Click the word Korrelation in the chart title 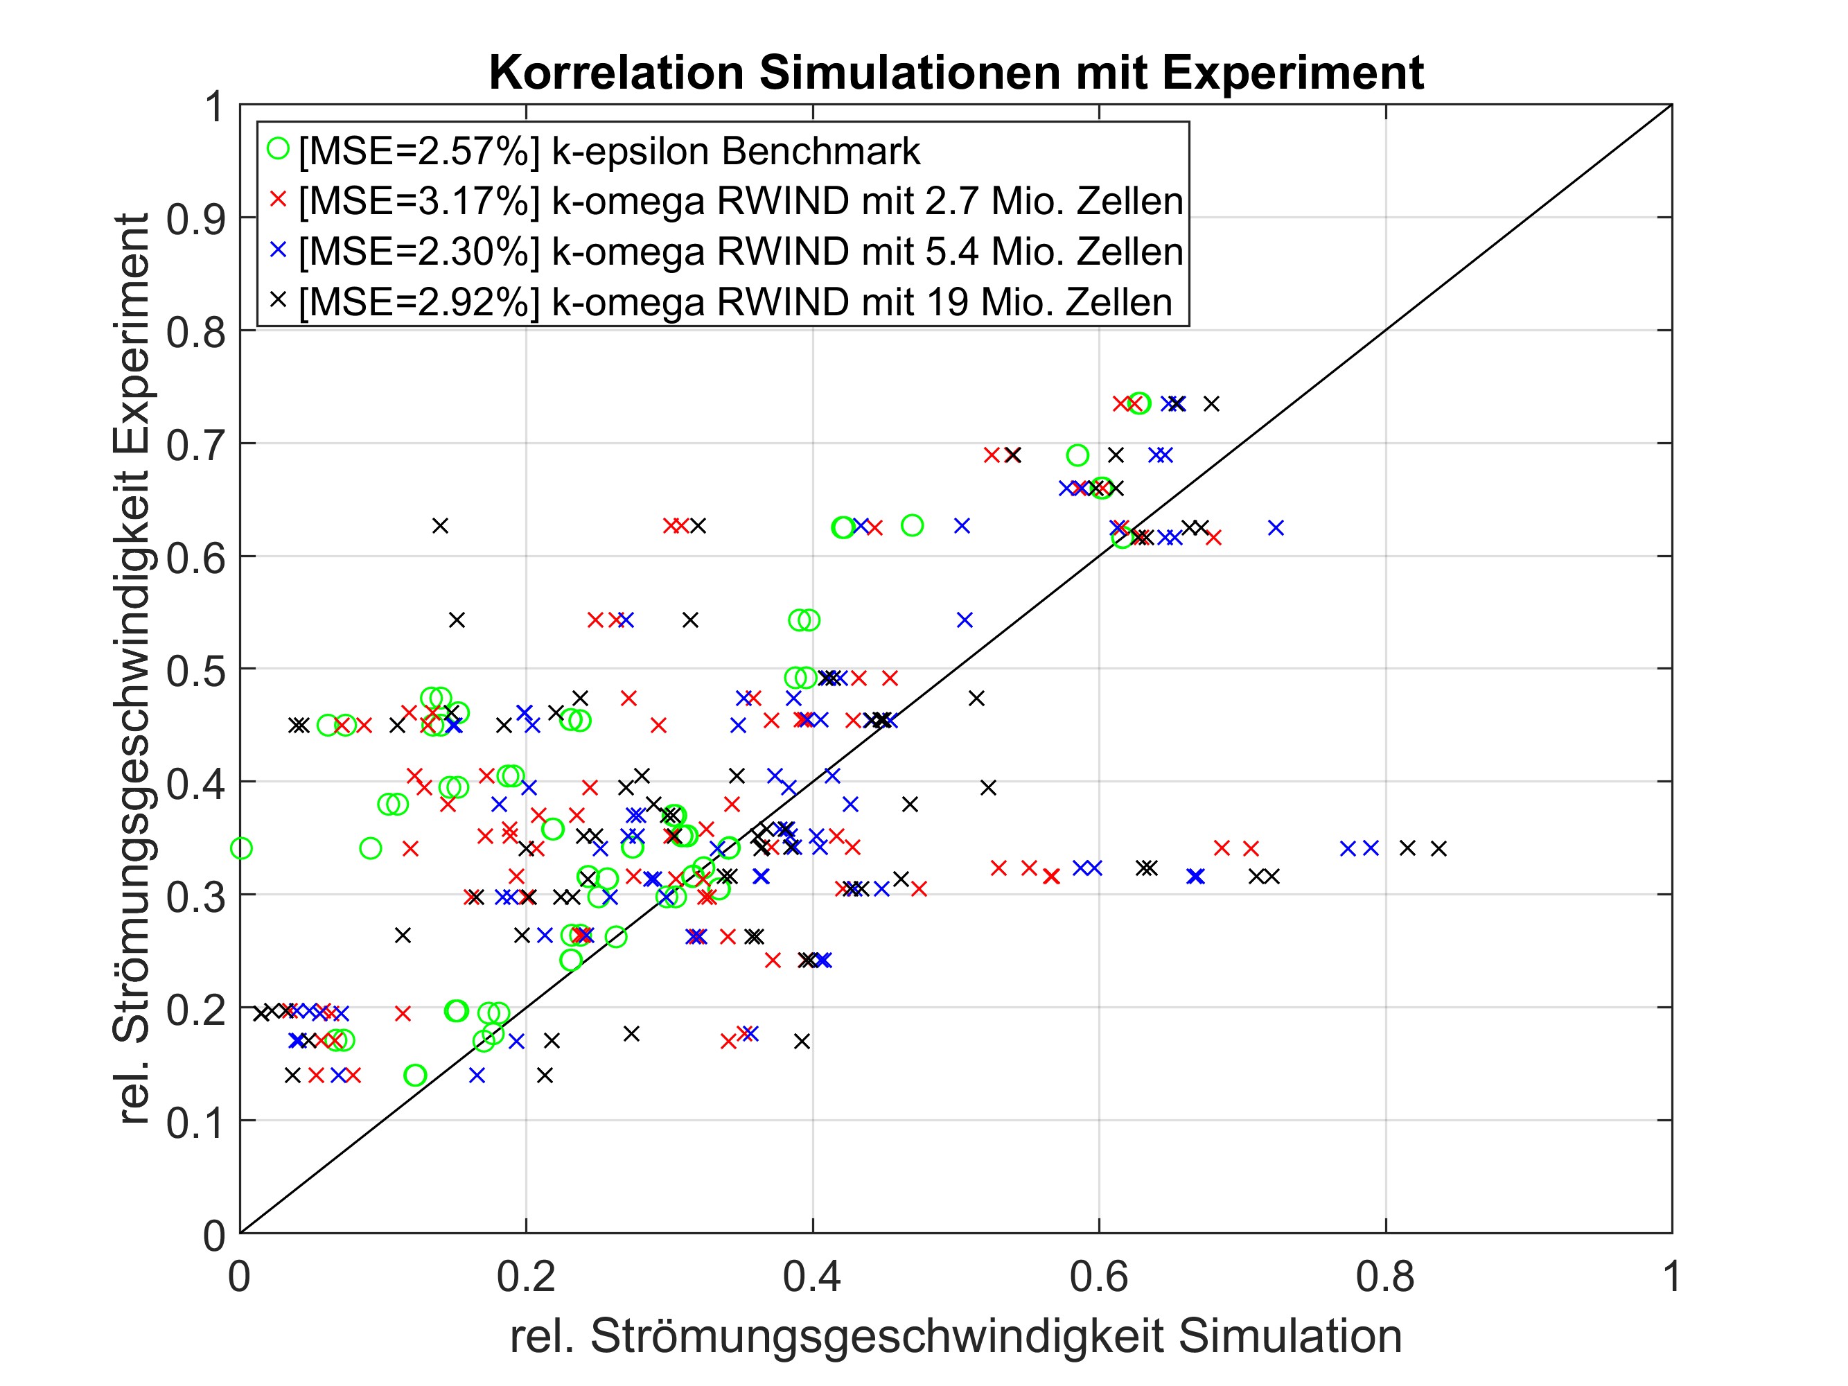pyautogui.click(x=616, y=73)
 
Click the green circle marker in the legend pyautogui.click(x=278, y=150)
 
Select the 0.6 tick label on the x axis pyautogui.click(x=1098, y=1277)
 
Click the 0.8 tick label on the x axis pyautogui.click(x=1385, y=1277)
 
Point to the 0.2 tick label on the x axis pyautogui.click(x=525, y=1277)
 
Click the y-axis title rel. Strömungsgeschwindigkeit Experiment pyautogui.click(x=132, y=668)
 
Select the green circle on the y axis pyautogui.click(x=241, y=849)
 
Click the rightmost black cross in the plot pyautogui.click(x=1438, y=849)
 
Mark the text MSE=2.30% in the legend pyautogui.click(x=419, y=252)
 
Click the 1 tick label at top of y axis pyautogui.click(x=215, y=107)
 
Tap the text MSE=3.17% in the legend pyautogui.click(x=419, y=202)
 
